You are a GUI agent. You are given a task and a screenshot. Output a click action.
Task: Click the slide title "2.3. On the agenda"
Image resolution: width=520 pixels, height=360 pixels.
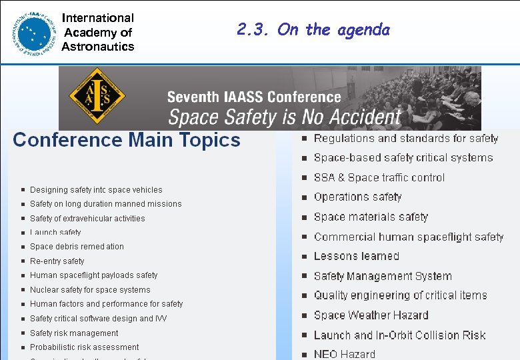point(313,29)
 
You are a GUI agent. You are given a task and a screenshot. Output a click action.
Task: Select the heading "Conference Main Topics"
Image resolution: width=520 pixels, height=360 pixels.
point(127,140)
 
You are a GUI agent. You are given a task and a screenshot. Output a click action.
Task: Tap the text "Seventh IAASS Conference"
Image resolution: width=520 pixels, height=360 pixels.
point(254,98)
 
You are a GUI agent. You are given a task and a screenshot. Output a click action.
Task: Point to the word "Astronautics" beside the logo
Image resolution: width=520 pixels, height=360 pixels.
point(98,46)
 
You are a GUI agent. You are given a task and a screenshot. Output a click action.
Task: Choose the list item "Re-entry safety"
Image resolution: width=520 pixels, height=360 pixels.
point(57,261)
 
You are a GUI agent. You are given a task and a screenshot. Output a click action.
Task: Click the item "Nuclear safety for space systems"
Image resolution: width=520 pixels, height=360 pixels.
point(90,290)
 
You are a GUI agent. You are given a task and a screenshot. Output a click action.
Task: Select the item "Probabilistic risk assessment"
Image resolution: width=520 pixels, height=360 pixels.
point(85,347)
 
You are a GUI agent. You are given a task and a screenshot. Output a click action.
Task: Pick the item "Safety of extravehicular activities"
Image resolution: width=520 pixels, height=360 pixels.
point(87,219)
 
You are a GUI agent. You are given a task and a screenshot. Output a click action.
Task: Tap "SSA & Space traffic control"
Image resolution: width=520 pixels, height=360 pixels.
point(379,177)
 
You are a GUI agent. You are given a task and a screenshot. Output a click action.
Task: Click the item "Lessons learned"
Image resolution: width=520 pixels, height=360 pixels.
point(357,256)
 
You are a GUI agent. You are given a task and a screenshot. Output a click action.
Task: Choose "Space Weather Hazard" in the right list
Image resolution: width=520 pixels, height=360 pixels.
point(371,315)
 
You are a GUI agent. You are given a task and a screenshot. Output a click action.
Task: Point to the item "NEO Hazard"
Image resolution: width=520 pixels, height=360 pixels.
point(345,354)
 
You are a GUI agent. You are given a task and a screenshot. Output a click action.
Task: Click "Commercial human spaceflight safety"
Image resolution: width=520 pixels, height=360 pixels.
point(409,237)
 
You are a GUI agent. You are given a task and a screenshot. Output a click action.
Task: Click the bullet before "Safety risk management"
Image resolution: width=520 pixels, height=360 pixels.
point(23,333)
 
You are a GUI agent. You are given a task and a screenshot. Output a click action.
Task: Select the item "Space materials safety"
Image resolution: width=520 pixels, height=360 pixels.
point(371,217)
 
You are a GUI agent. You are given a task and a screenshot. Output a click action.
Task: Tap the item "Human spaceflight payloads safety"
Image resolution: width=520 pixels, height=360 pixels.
point(94,275)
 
